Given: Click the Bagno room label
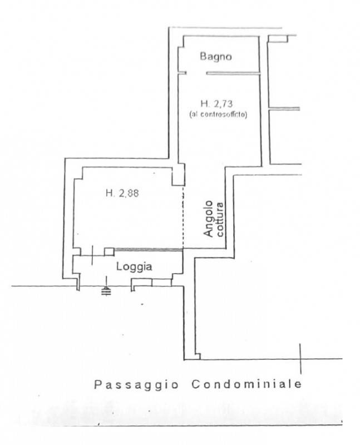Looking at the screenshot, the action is [216, 57].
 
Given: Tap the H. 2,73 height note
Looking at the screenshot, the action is [216, 103].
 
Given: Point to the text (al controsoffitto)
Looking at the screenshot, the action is [218, 115].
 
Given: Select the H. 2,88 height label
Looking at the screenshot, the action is [122, 193].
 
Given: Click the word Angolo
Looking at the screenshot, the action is [209, 219].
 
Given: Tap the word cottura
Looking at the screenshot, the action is [220, 219].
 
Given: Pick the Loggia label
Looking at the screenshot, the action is [134, 267].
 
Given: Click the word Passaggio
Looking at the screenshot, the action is [136, 385].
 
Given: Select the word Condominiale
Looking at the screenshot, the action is [246, 384].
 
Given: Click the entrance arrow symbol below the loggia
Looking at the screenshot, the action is [106, 287].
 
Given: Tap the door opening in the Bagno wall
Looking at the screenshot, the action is [196, 73].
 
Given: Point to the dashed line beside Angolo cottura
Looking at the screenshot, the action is [183, 217].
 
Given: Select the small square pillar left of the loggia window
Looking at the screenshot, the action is [109, 252].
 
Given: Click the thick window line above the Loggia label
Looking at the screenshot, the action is [148, 249].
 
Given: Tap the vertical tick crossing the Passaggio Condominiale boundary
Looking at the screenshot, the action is [300, 359].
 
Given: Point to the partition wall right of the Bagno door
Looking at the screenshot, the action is [233, 73].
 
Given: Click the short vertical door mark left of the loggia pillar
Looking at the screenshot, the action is [92, 255].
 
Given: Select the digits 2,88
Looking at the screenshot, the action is [129, 194].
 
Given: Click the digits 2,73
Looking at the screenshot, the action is [223, 103].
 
